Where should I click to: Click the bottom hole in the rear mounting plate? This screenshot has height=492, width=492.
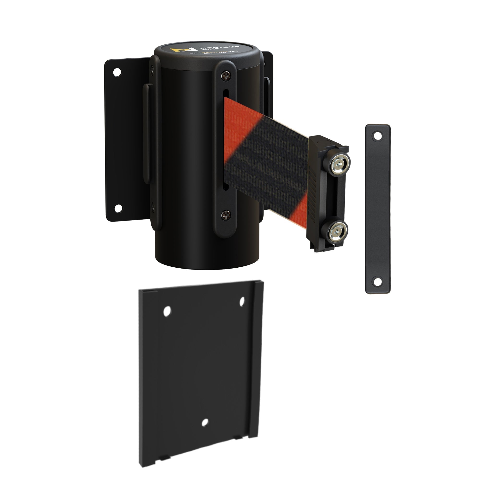click(x=118, y=208)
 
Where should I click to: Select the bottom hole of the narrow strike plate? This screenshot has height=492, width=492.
click(x=377, y=281)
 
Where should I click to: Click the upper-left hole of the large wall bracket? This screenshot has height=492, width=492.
click(x=167, y=311)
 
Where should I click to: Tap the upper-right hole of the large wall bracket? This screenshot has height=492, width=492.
click(x=242, y=301)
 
